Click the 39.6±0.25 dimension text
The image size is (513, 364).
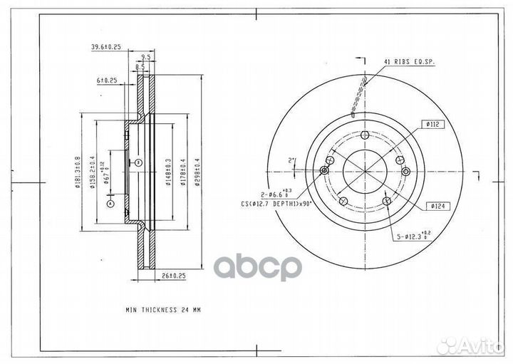[x=106, y=47]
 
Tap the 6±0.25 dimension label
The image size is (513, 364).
[x=108, y=80]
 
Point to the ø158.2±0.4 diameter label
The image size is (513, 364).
[x=93, y=172]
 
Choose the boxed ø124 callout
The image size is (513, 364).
[x=437, y=207]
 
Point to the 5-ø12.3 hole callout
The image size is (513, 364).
[x=415, y=234]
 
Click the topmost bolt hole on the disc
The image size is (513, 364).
[x=366, y=135]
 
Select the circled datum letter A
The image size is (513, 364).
[x=110, y=204]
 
